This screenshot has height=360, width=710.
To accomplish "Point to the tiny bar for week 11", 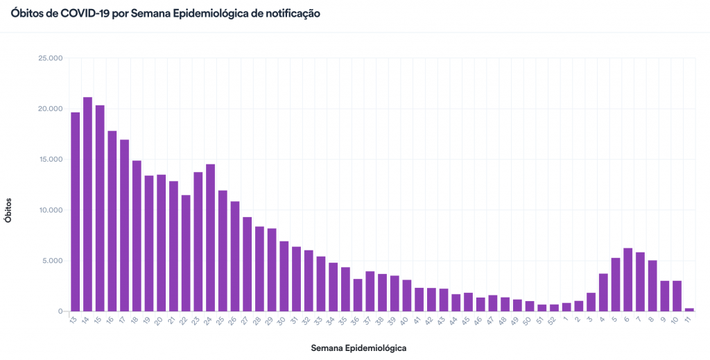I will click(689, 309).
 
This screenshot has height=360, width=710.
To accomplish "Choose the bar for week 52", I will click(554, 308).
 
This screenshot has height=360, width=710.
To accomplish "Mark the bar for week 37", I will click(370, 291).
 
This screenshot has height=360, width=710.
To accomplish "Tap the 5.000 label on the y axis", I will click(53, 261).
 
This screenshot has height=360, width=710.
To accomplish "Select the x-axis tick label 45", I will click(467, 321).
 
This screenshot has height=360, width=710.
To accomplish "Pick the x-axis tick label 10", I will click(675, 321).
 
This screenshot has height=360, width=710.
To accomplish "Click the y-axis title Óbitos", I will click(9, 209).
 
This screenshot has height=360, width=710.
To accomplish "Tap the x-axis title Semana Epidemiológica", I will click(358, 348).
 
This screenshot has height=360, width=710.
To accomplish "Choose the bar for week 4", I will click(603, 292).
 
